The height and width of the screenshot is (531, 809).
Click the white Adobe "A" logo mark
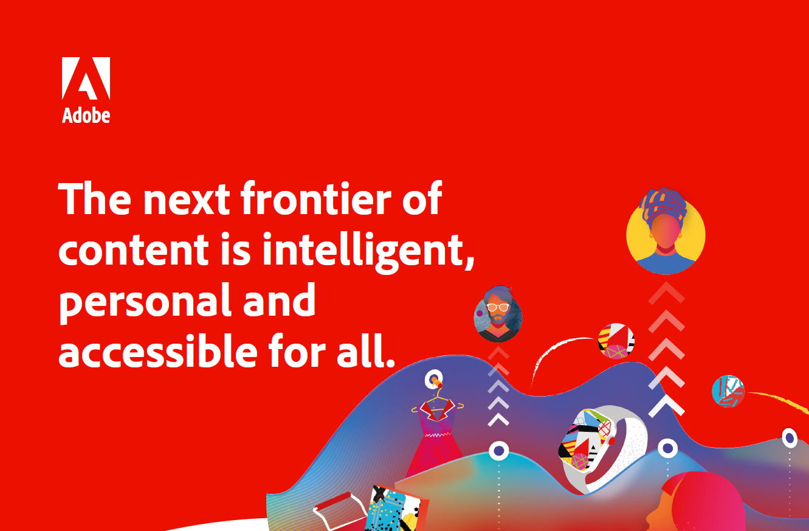[x=86, y=78]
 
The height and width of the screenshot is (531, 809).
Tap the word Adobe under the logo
[x=86, y=116]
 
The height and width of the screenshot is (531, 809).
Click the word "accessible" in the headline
[x=158, y=350]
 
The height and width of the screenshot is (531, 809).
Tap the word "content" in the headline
[x=134, y=249]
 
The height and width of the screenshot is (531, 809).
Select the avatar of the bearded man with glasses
[x=498, y=314]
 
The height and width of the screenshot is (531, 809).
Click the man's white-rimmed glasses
[x=498, y=308]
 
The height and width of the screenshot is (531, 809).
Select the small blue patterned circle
[x=728, y=392]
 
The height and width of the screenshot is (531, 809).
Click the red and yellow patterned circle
[x=616, y=341]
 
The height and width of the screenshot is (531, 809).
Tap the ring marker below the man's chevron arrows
[x=499, y=451]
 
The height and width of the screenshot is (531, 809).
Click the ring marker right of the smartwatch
[x=667, y=448]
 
